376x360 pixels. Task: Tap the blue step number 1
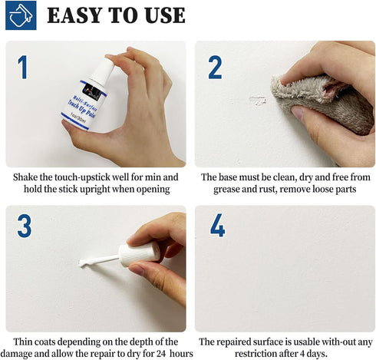[x=23, y=68]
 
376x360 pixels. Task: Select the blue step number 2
[x=215, y=68]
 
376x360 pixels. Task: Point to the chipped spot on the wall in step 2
[x=258, y=100]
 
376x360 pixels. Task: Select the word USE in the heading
[x=161, y=15]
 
